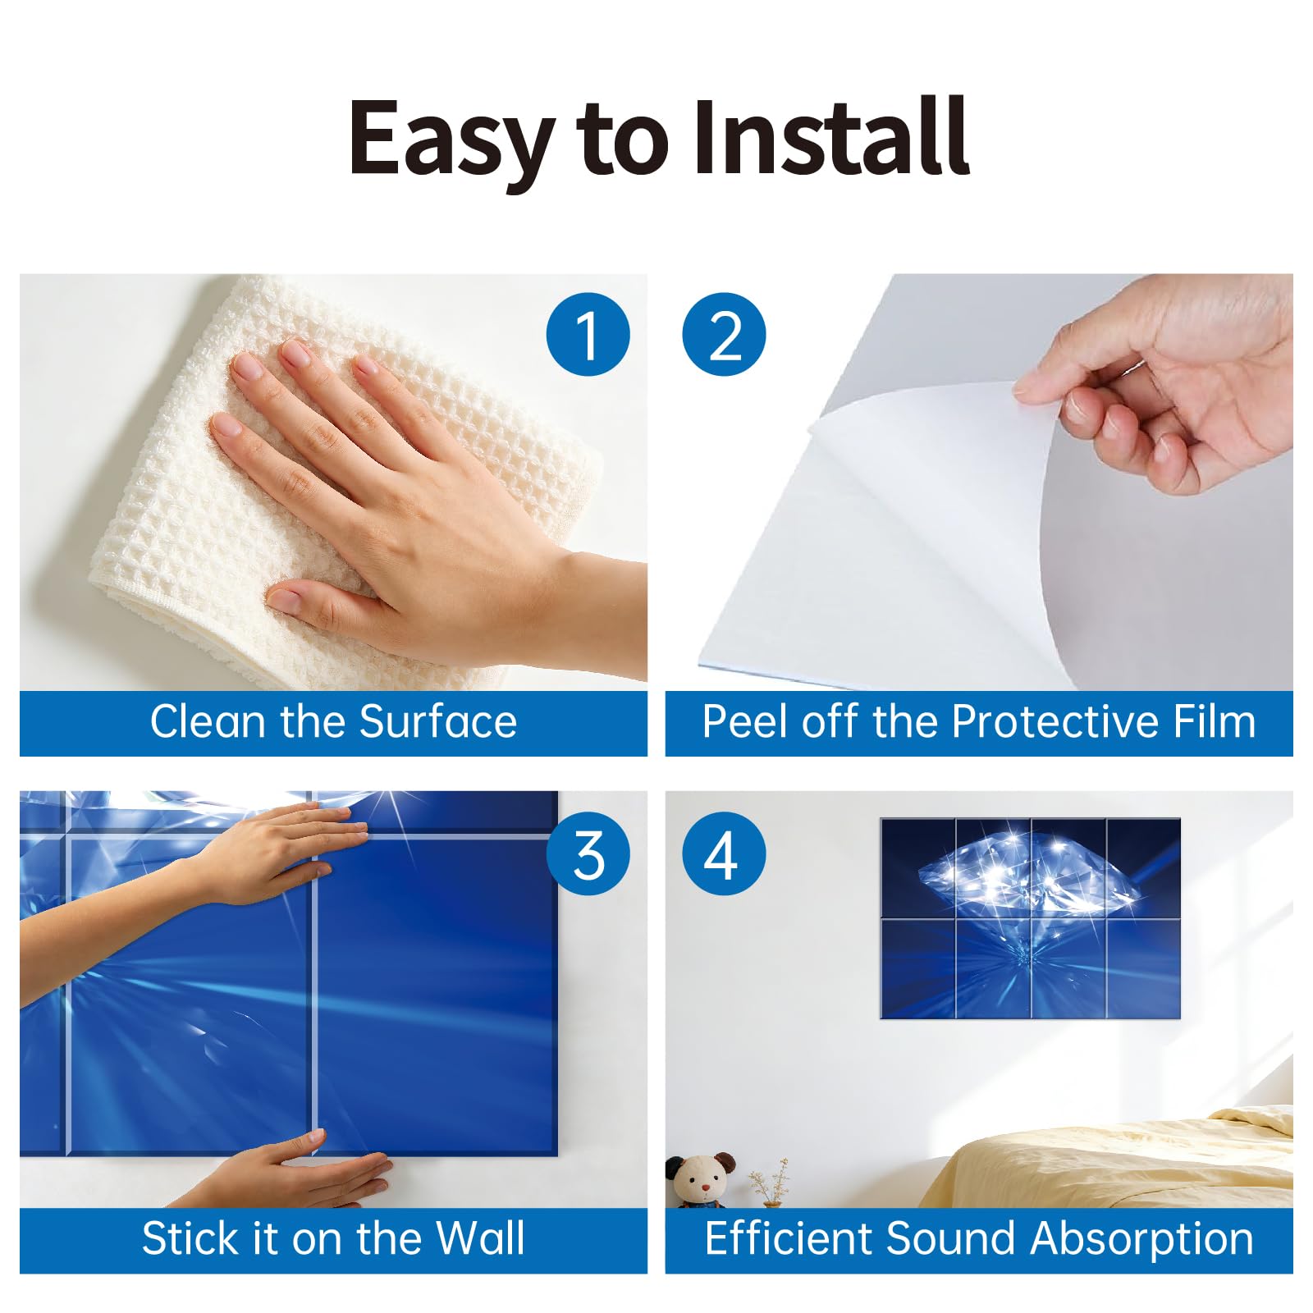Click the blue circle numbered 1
point(588,335)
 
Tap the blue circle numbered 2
point(724,335)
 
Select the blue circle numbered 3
point(588,853)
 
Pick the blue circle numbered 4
point(724,853)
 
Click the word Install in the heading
point(831,137)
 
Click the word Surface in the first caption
point(438,722)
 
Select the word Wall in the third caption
point(480,1238)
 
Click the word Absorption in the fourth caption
point(1142,1238)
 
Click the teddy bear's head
point(700,1177)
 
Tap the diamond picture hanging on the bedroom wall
point(1030,918)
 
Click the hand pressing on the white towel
point(410,492)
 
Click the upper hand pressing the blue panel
point(246,862)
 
